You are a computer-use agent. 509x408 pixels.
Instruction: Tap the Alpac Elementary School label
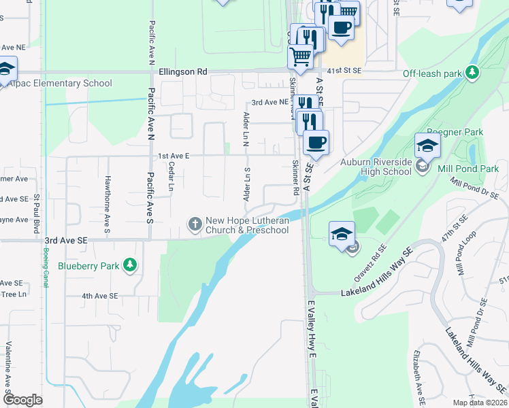point(60,84)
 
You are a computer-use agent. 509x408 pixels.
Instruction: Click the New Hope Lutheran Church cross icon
point(195,223)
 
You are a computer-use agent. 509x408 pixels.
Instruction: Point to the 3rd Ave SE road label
point(66,241)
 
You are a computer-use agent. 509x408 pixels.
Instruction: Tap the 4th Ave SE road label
point(100,296)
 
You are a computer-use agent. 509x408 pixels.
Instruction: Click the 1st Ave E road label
point(174,156)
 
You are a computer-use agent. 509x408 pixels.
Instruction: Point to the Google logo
point(22,400)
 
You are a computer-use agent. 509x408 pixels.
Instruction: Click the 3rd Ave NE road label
point(268,102)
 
